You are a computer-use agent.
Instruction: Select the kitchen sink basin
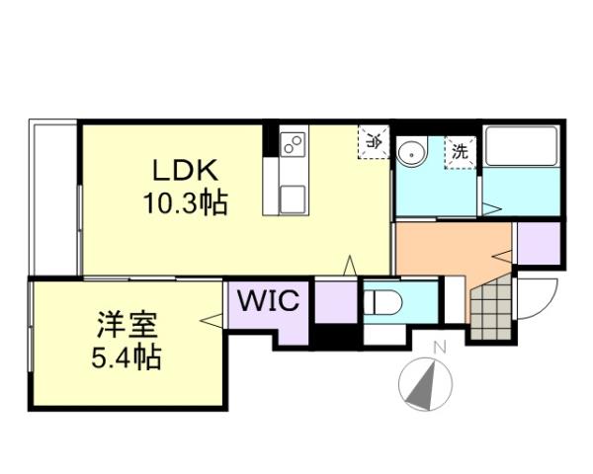294,197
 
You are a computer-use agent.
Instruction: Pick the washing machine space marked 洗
460,152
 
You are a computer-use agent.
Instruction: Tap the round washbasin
412,152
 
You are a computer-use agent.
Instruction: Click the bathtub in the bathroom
522,148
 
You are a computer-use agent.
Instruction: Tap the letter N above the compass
441,346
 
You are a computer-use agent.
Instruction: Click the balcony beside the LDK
53,197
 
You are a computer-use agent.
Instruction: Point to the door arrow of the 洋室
210,319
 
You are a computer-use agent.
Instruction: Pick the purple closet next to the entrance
538,244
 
